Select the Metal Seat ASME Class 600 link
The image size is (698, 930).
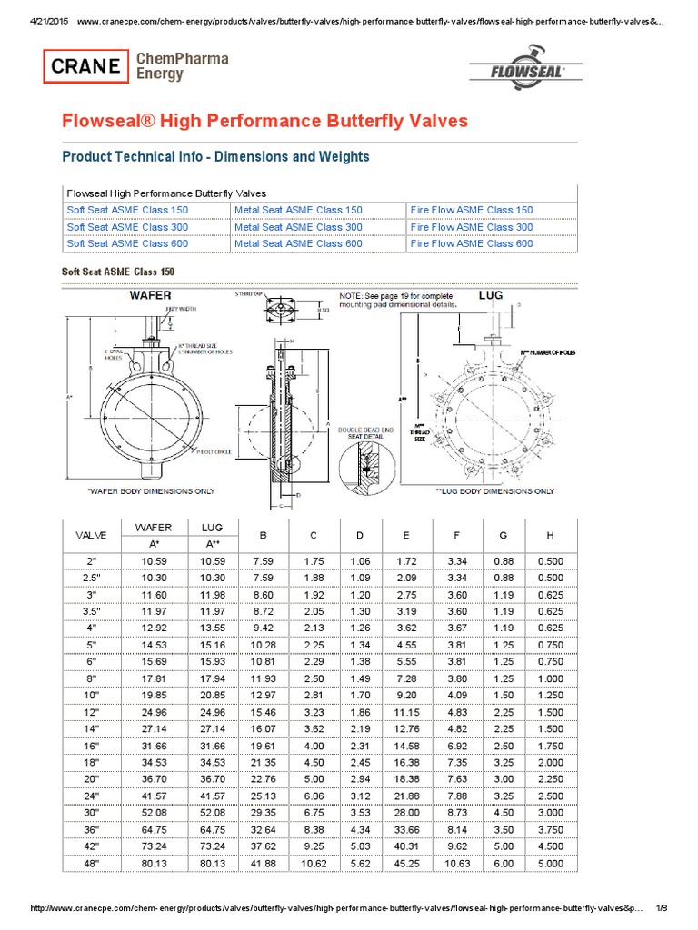298,243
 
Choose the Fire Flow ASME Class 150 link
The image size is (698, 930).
472,210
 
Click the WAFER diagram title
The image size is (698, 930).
150,295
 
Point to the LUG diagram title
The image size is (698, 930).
491,295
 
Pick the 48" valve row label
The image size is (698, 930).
90,864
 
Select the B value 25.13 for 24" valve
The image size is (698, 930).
263,796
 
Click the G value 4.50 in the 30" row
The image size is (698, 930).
502,813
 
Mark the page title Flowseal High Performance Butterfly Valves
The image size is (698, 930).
264,121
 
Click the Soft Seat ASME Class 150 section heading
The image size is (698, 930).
117,272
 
